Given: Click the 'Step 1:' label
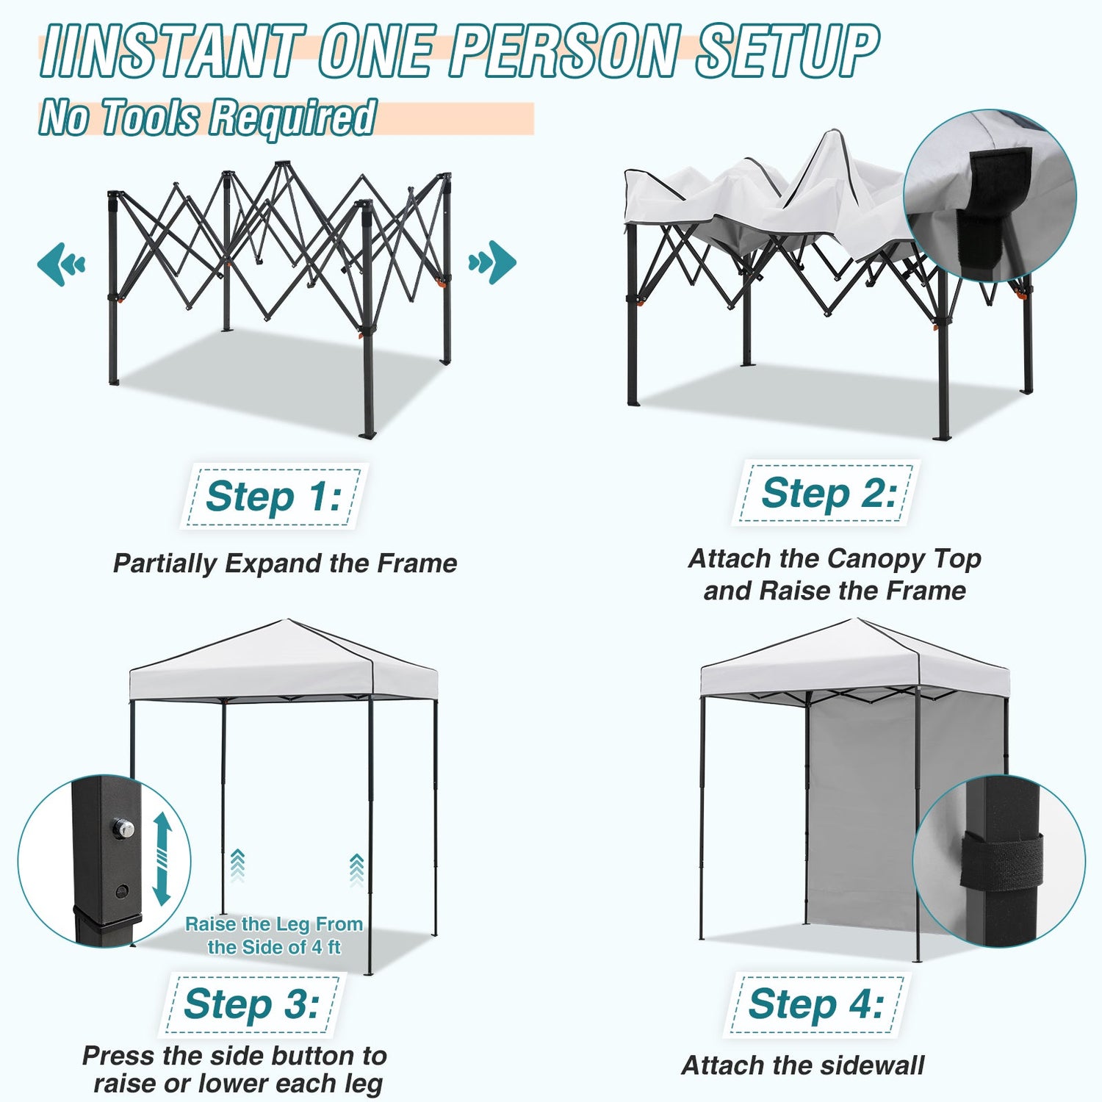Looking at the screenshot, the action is [273, 496].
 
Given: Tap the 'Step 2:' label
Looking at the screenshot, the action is [829, 492].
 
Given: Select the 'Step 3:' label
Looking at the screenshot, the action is [251, 1004].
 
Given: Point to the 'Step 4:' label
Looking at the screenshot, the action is [815, 1004].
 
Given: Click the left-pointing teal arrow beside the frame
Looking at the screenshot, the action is [61, 264].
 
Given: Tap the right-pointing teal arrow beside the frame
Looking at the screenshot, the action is [492, 262].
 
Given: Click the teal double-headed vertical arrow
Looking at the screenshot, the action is [162, 858].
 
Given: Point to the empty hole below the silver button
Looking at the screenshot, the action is [122, 891].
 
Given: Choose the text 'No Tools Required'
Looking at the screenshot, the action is [208, 118].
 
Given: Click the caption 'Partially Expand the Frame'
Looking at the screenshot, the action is [285, 563].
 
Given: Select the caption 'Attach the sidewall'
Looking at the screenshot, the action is [803, 1065].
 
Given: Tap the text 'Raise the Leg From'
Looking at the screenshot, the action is [274, 923].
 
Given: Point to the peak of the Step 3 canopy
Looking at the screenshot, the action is [288, 620].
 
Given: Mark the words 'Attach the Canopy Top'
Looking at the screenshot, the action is [835, 559].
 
